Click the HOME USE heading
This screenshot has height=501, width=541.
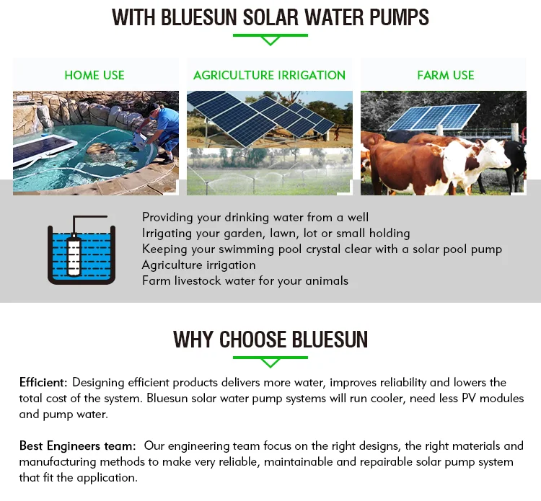click(x=94, y=75)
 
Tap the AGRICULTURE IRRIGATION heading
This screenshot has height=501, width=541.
click(x=270, y=75)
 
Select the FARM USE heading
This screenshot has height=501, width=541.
click(x=446, y=75)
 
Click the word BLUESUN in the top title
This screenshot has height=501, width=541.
click(x=199, y=17)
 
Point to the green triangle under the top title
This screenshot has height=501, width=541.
click(x=270, y=41)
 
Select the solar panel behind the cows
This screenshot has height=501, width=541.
click(x=434, y=118)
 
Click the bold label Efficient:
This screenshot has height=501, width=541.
click(x=43, y=382)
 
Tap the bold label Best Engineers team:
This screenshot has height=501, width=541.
click(x=78, y=445)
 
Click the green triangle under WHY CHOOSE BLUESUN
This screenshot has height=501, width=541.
click(x=270, y=363)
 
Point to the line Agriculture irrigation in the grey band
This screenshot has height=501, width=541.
click(x=199, y=265)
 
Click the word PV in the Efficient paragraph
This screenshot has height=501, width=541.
click(x=469, y=398)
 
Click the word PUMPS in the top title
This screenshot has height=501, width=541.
click(x=399, y=17)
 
